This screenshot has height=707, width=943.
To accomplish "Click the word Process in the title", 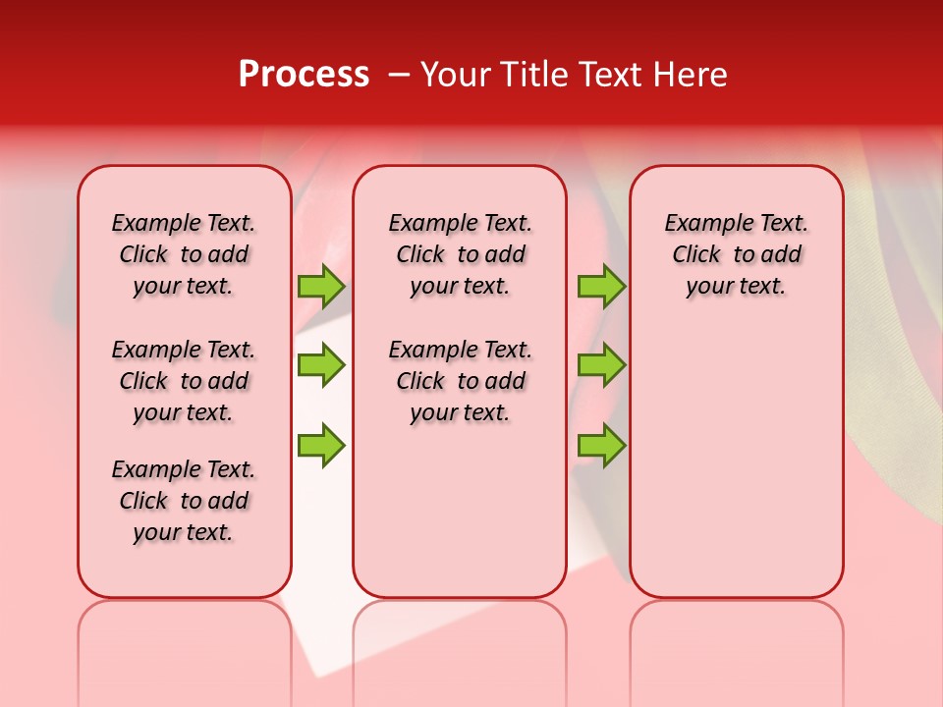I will coord(304,74).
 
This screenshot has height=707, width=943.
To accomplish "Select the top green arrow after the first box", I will coord(321,286).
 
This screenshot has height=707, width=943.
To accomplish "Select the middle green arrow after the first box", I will coord(321,365).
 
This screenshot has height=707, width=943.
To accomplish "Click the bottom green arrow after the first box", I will coord(321,445).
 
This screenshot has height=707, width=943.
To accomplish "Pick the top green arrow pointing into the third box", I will coord(601,286).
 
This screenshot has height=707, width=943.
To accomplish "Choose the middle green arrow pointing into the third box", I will coord(601,365).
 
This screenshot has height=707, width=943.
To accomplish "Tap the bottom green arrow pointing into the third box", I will coord(601,445).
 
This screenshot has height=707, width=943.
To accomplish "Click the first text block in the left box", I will coord(184,254).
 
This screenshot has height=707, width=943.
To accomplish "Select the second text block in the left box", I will coord(184,381).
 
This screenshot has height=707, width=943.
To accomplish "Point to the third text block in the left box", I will coord(184,501).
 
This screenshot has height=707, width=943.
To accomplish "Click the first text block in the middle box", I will coord(460,254).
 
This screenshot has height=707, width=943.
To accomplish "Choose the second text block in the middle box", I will coord(460,381).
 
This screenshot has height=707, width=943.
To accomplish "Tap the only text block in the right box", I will coord(736,254).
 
